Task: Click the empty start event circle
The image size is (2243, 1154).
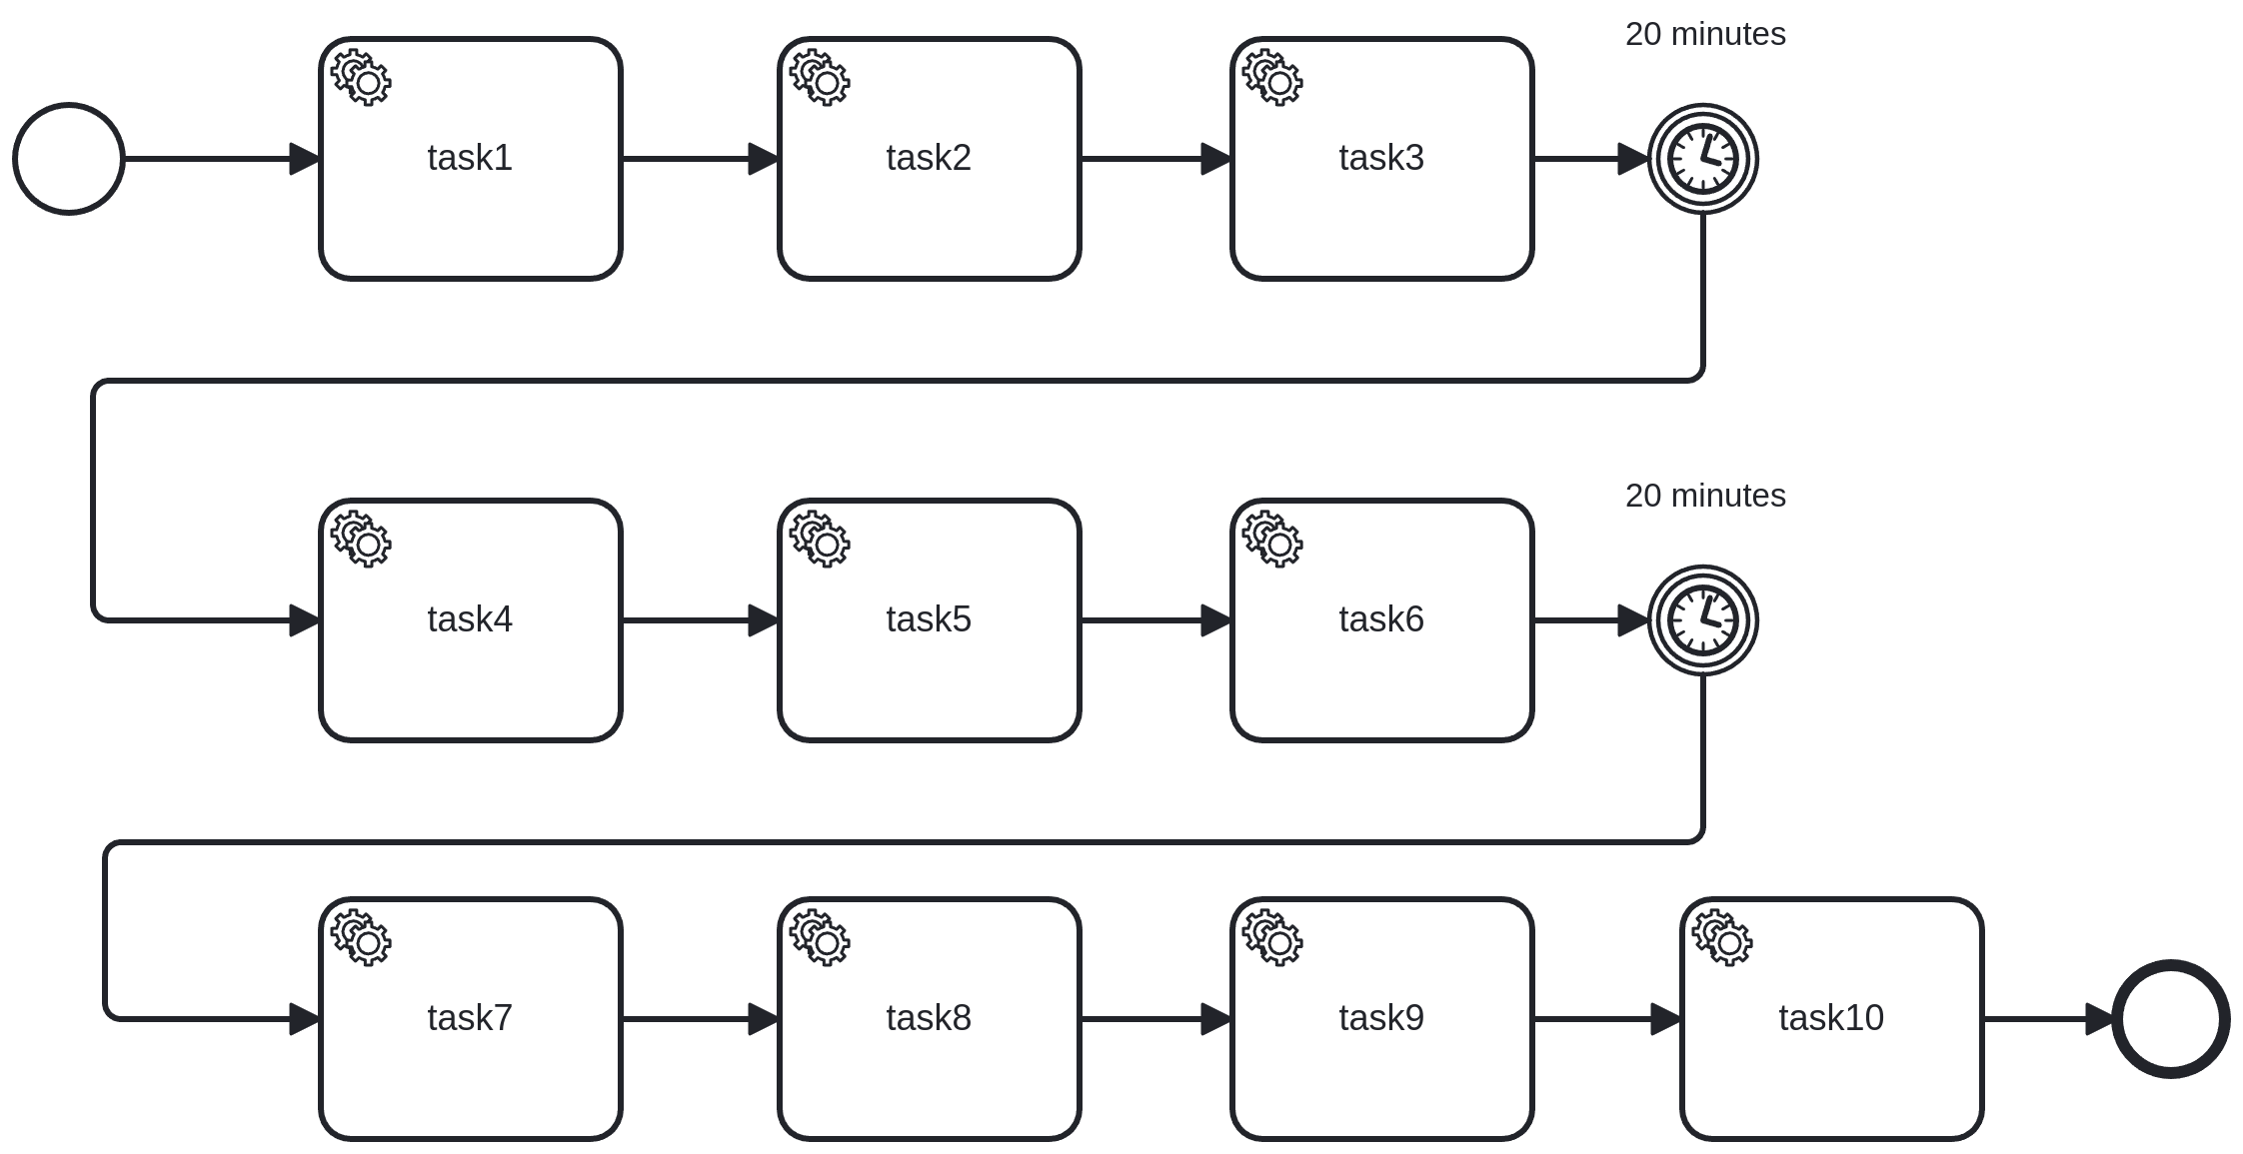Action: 69,159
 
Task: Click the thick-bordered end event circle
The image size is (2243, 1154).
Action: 2170,1019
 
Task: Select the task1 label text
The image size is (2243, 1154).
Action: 470,158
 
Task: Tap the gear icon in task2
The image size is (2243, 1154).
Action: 820,78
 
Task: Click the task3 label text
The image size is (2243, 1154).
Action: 1381,158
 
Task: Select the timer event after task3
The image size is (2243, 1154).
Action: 1702,159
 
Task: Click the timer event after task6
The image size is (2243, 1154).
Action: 1702,620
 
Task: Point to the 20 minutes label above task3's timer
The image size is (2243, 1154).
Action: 1705,34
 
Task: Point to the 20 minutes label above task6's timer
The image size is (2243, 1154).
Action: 1705,496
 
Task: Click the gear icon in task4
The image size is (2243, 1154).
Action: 361,540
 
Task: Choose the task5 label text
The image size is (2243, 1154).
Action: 929,619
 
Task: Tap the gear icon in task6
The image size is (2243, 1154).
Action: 1272,540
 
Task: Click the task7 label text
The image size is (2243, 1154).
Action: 470,1018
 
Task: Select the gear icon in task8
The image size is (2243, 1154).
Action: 820,937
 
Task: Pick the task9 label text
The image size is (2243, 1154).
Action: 1381,1018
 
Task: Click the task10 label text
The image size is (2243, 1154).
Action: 1831,1018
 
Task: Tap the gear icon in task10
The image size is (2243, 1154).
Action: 1722,937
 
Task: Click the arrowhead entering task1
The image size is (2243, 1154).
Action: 304,159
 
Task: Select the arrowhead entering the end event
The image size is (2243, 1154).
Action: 2100,1019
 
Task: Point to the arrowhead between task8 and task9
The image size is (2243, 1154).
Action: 1215,1019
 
